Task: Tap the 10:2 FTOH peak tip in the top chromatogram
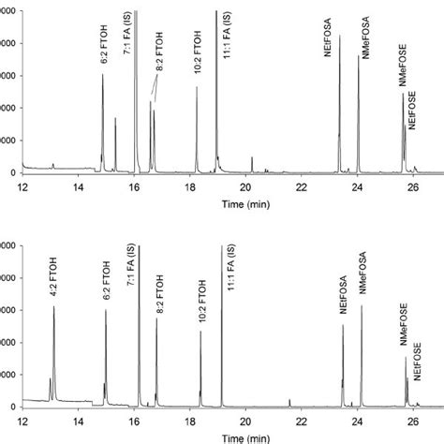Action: [197, 87]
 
